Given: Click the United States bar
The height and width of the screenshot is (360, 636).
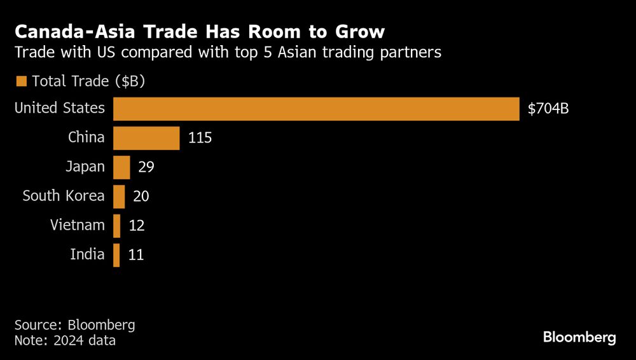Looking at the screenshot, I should point(317,109).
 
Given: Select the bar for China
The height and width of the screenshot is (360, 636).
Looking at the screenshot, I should point(146,138).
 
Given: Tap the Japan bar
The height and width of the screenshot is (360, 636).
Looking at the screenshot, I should point(121,167).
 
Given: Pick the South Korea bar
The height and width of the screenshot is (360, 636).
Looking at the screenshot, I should point(119,197).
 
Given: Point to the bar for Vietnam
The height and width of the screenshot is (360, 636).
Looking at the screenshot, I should point(117,226).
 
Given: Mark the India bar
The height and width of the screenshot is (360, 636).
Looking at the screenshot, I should point(116,255).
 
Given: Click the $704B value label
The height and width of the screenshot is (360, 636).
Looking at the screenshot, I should point(548,109).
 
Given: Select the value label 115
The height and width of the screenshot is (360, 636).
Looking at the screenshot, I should point(200,138).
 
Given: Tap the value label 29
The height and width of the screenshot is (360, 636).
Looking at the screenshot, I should point(146,167).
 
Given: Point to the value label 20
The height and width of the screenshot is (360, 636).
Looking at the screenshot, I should point(141,197).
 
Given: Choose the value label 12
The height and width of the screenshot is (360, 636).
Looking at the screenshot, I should point(136,226).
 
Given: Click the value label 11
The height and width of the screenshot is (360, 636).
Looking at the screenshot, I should point(135,255).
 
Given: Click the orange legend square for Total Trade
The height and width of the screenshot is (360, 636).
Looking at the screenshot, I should point(21,81).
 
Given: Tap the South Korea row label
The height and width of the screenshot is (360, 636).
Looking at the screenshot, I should point(63,196).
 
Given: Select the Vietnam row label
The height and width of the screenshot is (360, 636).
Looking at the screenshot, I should point(77,225).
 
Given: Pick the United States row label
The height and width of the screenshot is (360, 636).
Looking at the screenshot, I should point(59,108).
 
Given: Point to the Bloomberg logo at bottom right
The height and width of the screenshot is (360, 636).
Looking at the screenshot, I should point(579,338).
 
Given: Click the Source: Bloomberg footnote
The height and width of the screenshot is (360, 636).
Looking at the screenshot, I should point(75,324).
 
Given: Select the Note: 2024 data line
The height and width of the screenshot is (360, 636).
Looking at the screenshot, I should point(65,341).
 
